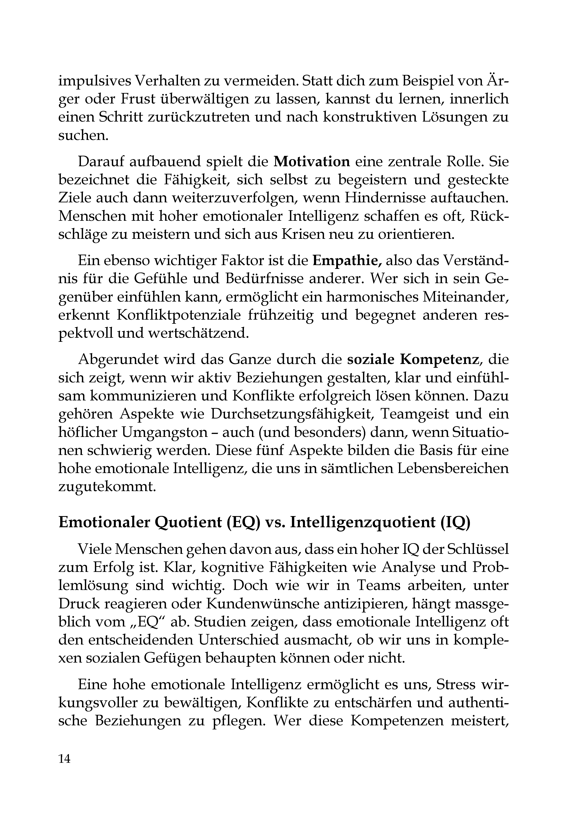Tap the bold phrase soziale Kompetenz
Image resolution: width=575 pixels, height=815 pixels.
pyautogui.click(x=412, y=360)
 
